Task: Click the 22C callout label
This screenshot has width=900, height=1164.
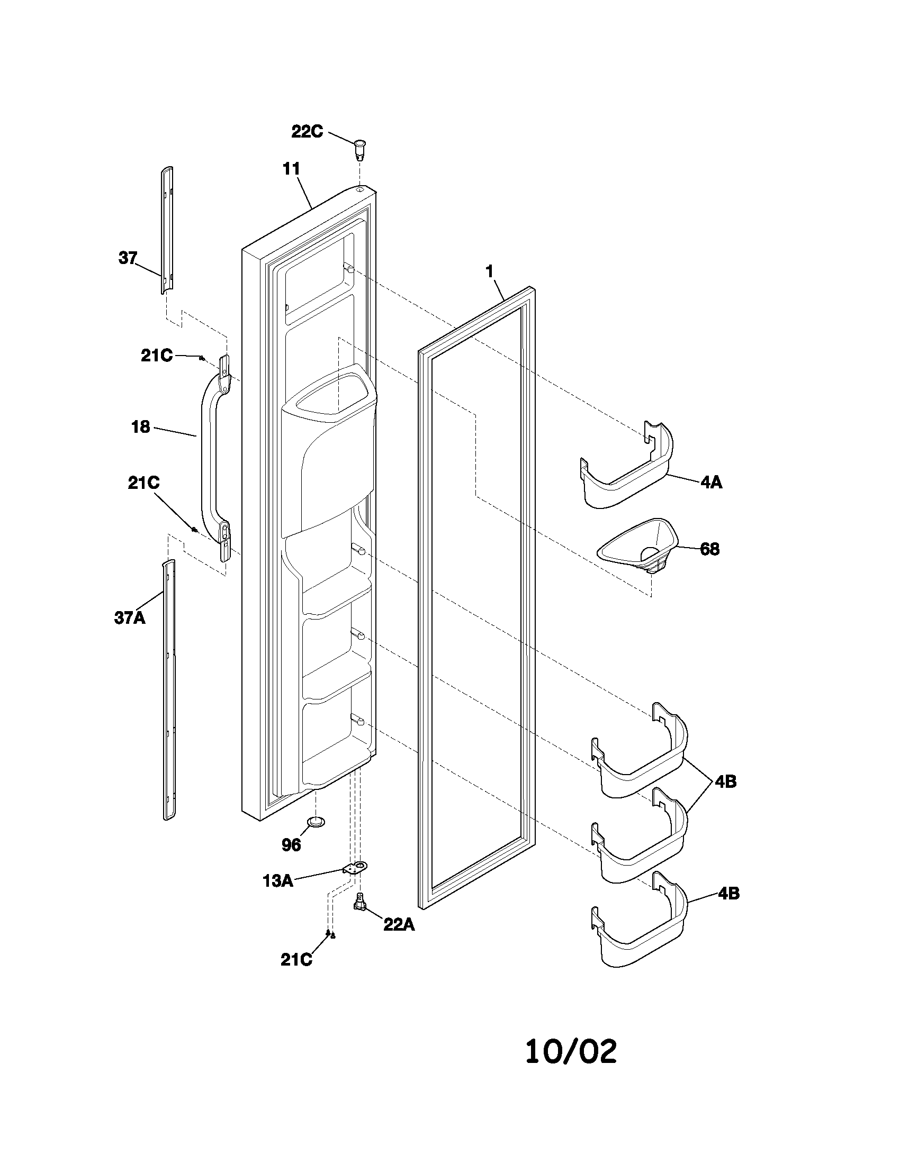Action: point(307,131)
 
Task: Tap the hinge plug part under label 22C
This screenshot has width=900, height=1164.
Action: point(361,148)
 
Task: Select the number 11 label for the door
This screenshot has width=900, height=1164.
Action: point(292,169)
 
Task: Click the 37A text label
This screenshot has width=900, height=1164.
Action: point(130,618)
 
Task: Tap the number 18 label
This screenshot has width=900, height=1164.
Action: point(141,427)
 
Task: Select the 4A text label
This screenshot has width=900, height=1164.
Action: point(711,483)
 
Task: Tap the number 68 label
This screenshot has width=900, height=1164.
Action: point(709,549)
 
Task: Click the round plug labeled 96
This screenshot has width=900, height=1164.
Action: point(316,821)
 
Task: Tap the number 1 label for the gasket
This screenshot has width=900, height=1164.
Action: point(489,271)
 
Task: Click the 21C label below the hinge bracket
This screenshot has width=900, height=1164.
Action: point(296,959)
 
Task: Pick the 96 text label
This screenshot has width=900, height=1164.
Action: point(291,845)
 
